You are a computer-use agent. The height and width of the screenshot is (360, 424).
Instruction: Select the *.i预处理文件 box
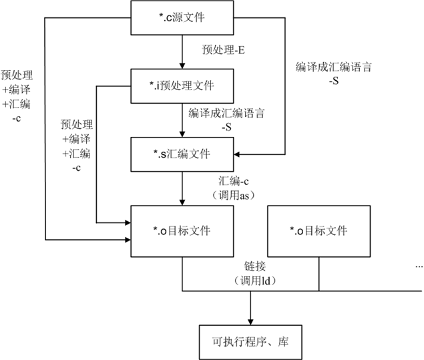(182, 87)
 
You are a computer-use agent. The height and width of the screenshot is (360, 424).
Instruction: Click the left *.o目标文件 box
(182, 231)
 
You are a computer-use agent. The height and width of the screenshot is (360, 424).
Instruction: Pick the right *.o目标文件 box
(319, 231)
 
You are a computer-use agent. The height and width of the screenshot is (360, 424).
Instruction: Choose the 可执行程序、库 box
(250, 343)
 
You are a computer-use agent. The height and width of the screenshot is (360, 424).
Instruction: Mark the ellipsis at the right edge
(419, 266)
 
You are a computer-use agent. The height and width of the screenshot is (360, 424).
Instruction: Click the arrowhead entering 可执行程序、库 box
(250, 320)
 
